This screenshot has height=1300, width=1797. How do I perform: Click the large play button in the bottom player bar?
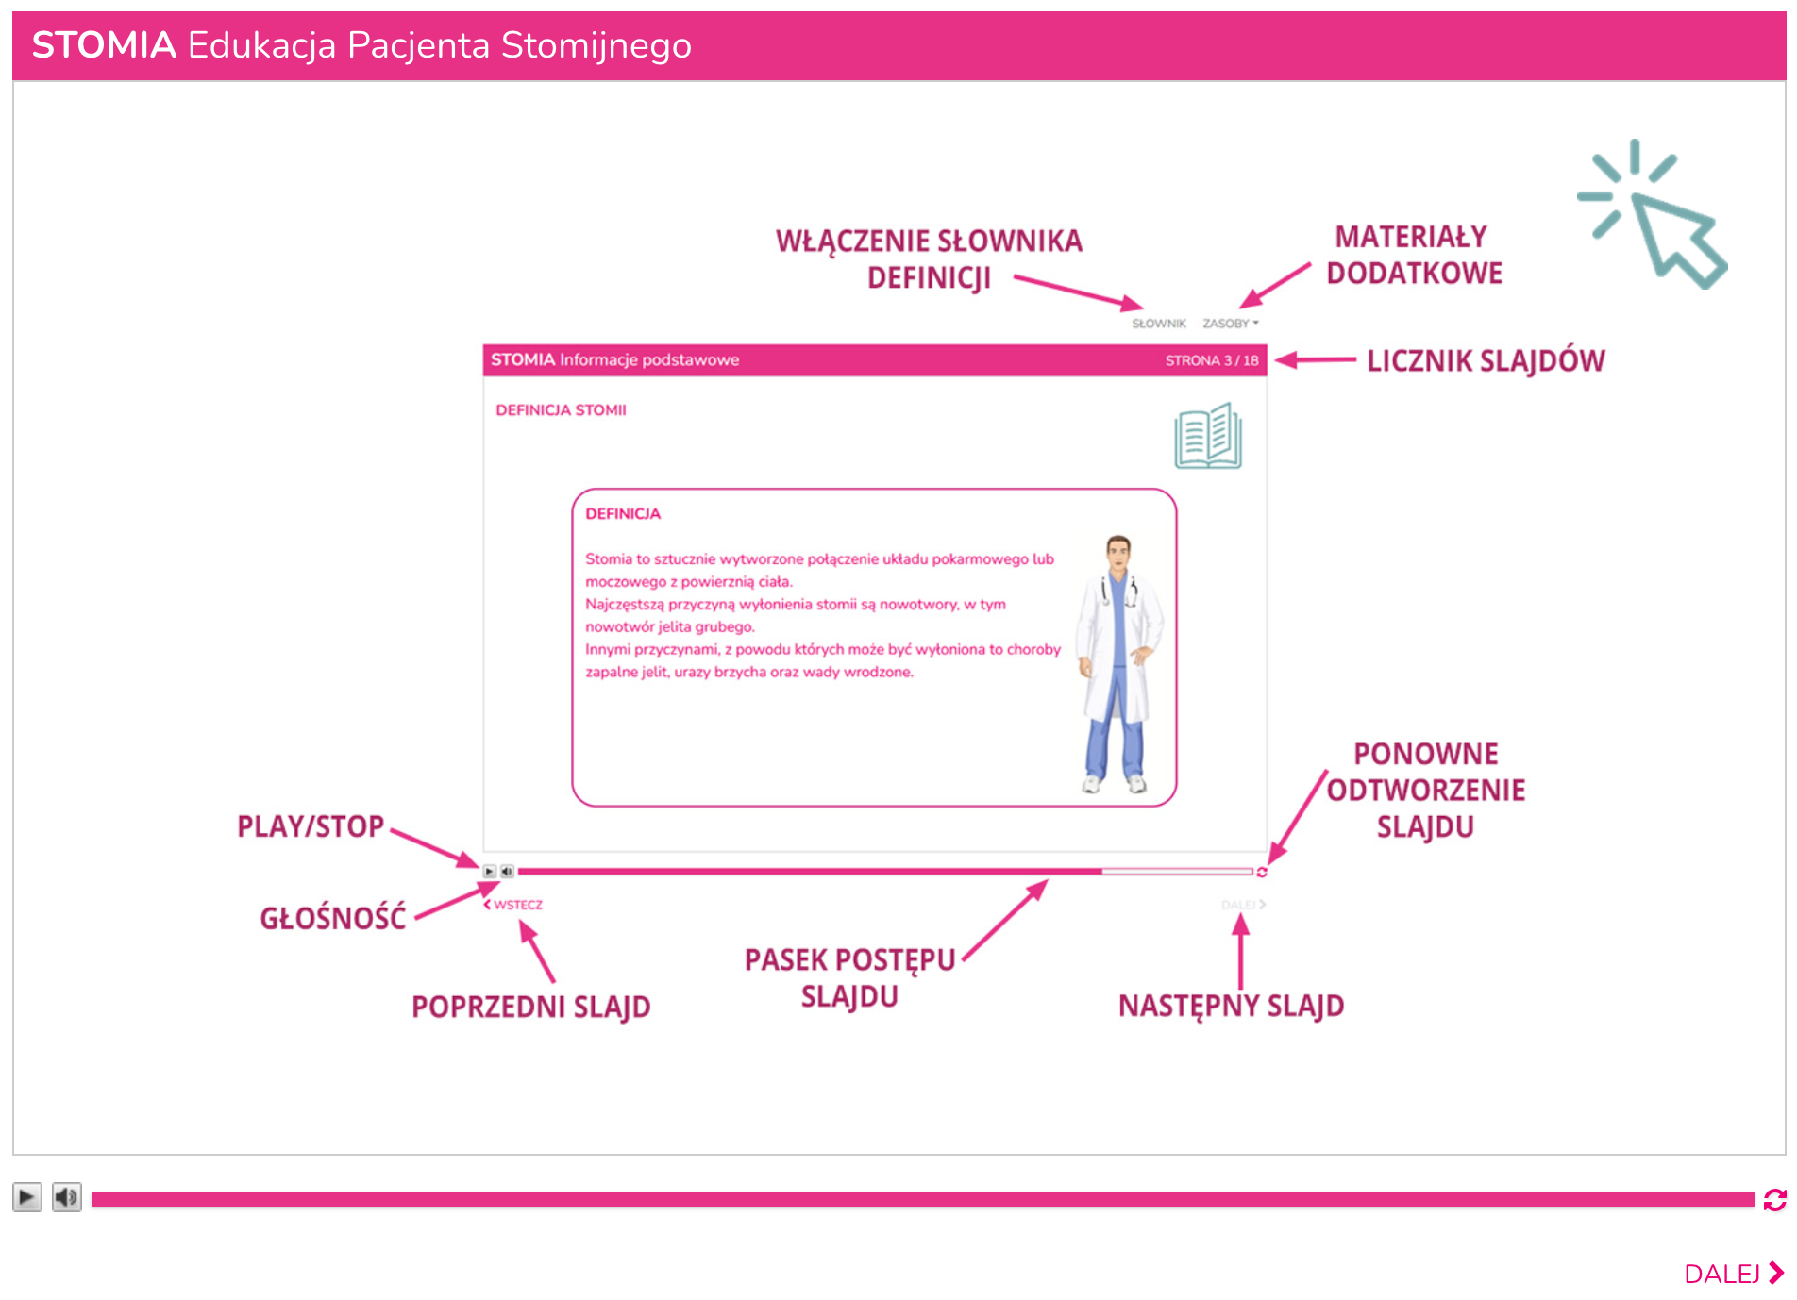click(27, 1197)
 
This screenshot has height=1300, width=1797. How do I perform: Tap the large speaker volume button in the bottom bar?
click(66, 1197)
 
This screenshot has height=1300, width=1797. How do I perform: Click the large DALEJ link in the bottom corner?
click(1734, 1274)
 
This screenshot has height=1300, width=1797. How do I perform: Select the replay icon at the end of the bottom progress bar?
click(1774, 1199)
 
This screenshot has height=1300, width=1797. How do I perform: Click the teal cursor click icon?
click(1653, 214)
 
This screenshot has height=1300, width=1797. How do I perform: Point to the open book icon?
click(1208, 436)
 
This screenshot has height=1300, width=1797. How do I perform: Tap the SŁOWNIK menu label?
click(1159, 324)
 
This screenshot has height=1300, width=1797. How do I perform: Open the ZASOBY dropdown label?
click(1230, 324)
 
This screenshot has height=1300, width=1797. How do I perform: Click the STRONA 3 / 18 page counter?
click(1212, 360)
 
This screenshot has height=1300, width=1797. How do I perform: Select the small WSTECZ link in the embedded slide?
click(513, 905)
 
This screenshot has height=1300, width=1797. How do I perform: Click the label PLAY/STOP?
click(311, 826)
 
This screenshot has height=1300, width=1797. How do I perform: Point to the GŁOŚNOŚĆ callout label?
click(333, 917)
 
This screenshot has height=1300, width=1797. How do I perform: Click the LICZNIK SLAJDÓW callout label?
click(1486, 360)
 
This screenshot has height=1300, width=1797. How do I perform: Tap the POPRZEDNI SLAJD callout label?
click(531, 1007)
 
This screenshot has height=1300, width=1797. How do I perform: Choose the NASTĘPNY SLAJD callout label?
click(1232, 1006)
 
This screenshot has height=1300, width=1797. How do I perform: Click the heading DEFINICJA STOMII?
click(561, 410)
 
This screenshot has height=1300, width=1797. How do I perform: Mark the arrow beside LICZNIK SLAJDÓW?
click(1316, 359)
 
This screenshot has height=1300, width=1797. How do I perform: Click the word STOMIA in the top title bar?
click(104, 45)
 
